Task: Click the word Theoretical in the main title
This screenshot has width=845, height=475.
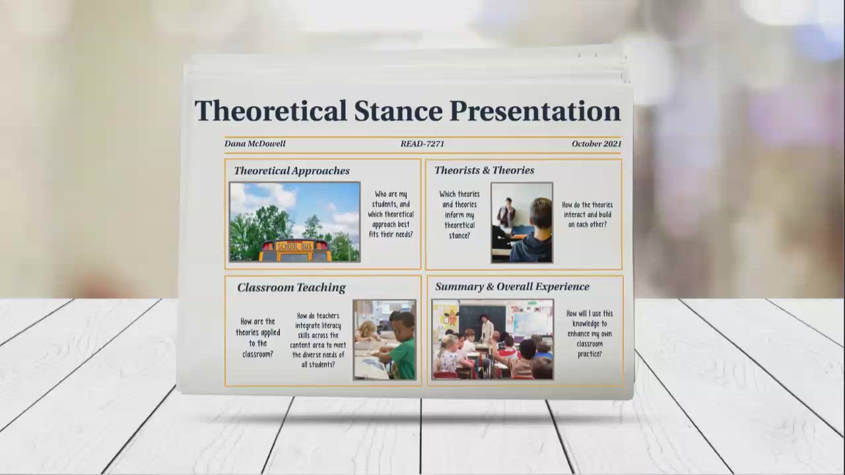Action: (x=270, y=111)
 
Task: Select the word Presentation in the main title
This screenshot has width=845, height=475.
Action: (x=535, y=111)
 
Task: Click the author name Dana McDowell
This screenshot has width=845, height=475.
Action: (x=255, y=144)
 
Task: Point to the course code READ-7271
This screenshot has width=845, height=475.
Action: (x=422, y=144)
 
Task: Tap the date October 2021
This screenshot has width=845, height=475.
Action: (x=596, y=144)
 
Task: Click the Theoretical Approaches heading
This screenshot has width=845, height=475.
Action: (x=291, y=171)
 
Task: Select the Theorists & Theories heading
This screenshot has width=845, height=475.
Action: (x=484, y=170)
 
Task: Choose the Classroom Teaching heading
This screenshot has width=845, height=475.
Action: (x=291, y=288)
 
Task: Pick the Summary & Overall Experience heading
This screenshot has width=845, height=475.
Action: (x=512, y=287)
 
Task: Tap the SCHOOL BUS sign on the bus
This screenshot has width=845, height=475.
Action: (x=294, y=246)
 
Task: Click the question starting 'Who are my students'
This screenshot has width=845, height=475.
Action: (x=391, y=214)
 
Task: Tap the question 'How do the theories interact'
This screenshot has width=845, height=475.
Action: (x=587, y=215)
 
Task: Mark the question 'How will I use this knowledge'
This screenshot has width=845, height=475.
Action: (x=589, y=334)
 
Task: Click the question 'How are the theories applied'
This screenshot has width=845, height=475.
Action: (x=257, y=338)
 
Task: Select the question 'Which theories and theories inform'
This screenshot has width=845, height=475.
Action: (x=459, y=215)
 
